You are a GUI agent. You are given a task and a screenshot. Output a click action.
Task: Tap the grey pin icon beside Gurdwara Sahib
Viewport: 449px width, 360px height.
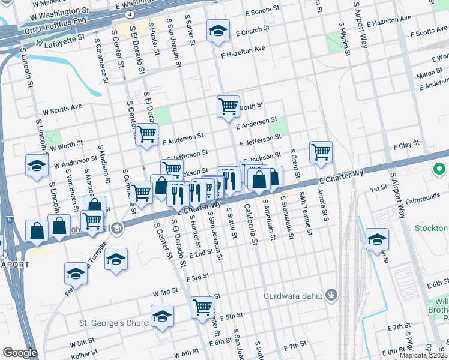(x=334, y=296)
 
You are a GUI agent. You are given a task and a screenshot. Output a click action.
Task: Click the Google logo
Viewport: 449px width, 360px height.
(x=20, y=353)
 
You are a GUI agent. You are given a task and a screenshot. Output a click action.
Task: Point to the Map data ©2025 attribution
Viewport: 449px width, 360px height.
(x=423, y=355)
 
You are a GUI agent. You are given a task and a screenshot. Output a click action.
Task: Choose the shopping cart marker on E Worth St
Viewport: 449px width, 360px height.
(x=228, y=107)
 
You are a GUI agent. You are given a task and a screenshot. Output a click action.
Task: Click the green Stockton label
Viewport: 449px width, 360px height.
(x=430, y=229)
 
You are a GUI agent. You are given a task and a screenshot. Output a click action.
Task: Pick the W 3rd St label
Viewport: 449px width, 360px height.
(x=166, y=292)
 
